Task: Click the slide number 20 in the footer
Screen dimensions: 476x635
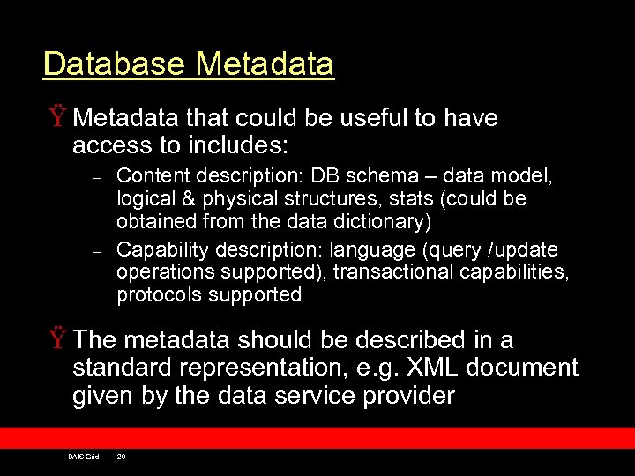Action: click(122, 457)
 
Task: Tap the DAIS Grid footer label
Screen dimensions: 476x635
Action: click(83, 457)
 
